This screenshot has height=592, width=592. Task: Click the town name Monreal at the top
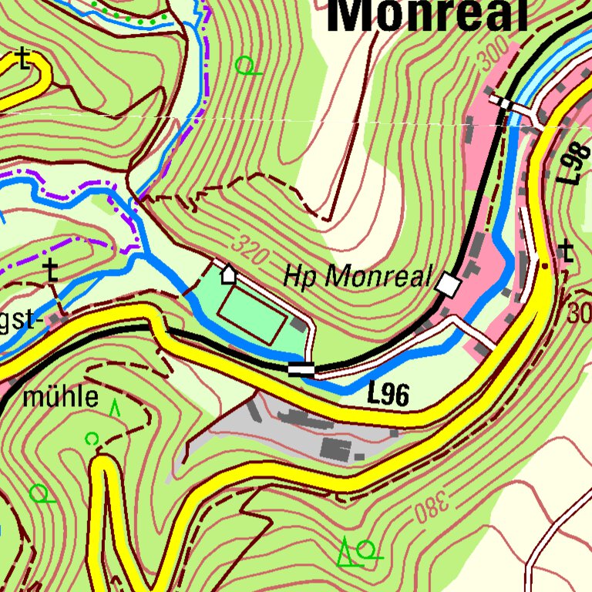coord(428,17)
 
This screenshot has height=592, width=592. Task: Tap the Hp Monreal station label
coord(357,275)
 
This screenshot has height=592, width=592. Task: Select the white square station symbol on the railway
coord(447,286)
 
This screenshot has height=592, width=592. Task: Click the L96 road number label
coord(387,395)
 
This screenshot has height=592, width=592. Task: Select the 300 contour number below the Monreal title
coord(498,56)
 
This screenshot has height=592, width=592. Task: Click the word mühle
coord(61,398)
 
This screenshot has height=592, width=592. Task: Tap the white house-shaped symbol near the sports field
coord(229,274)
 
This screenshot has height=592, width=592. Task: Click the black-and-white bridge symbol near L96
coord(301,369)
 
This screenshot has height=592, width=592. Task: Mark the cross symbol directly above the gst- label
coord(51,271)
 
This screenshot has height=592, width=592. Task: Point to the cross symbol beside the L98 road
coord(567,251)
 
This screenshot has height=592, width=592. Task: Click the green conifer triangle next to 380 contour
coord(347,551)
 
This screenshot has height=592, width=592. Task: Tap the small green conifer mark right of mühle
coord(116,407)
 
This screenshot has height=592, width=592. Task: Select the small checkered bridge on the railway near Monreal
coord(504,103)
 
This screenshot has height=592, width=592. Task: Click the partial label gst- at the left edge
coord(18,321)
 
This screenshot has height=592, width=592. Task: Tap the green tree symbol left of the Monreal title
coord(246,66)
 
